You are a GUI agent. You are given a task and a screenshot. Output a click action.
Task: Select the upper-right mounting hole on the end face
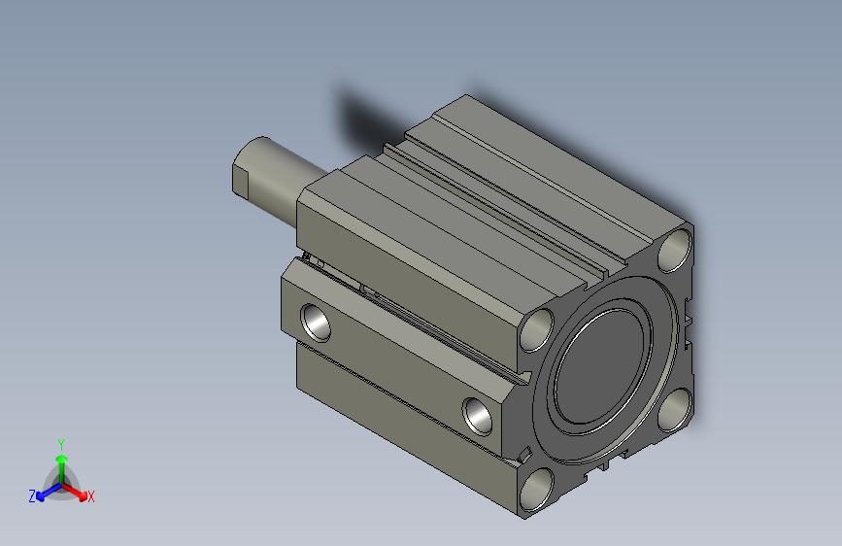click(675, 250)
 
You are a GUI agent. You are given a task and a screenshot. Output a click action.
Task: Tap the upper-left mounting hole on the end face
click(537, 330)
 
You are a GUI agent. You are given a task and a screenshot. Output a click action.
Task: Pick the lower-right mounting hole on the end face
click(674, 410)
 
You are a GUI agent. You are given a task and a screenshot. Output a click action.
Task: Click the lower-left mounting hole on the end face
click(537, 490)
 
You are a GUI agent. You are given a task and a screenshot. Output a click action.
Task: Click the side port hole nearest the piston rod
click(316, 323)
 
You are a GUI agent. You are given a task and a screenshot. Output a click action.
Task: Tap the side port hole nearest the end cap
click(477, 417)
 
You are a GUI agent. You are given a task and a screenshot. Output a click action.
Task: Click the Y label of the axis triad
click(61, 445)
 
